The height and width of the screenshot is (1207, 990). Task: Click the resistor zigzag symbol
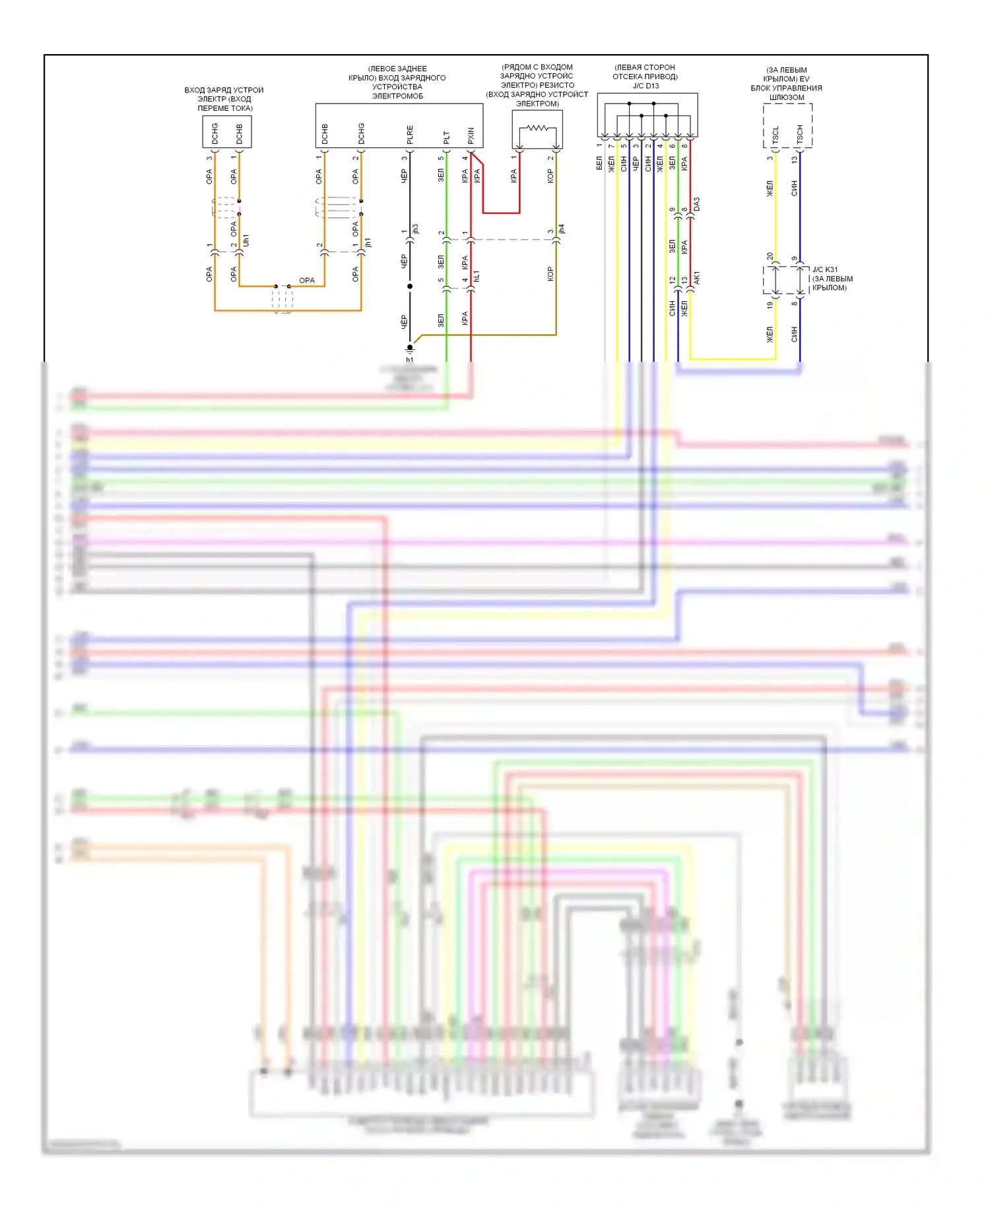tap(537, 128)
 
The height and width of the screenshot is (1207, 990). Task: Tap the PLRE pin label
tap(410, 135)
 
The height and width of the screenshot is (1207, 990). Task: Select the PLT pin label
tap(447, 137)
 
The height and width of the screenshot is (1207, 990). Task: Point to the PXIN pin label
tap(471, 136)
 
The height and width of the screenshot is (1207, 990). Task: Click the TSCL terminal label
tap(775, 135)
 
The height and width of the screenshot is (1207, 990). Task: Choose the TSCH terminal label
tap(800, 135)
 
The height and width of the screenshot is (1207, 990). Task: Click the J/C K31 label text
tap(825, 269)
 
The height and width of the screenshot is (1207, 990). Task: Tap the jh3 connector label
tap(416, 229)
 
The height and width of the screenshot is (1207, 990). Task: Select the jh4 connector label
tap(562, 229)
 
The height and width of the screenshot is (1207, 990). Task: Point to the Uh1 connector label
tap(246, 240)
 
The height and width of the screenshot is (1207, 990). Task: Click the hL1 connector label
tap(477, 276)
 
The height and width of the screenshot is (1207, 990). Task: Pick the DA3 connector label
tap(697, 204)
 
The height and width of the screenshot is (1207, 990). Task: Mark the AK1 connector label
tap(697, 278)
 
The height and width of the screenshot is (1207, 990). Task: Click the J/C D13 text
tap(645, 86)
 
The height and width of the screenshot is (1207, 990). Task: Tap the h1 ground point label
tap(410, 360)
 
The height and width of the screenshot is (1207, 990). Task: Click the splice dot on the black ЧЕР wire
tap(410, 287)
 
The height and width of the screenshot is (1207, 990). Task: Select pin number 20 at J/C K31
tap(770, 257)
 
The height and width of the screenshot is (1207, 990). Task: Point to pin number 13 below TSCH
tap(795, 158)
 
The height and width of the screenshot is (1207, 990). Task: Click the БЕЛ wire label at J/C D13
tap(599, 163)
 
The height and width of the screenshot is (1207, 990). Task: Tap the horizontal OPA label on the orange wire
tap(307, 281)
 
